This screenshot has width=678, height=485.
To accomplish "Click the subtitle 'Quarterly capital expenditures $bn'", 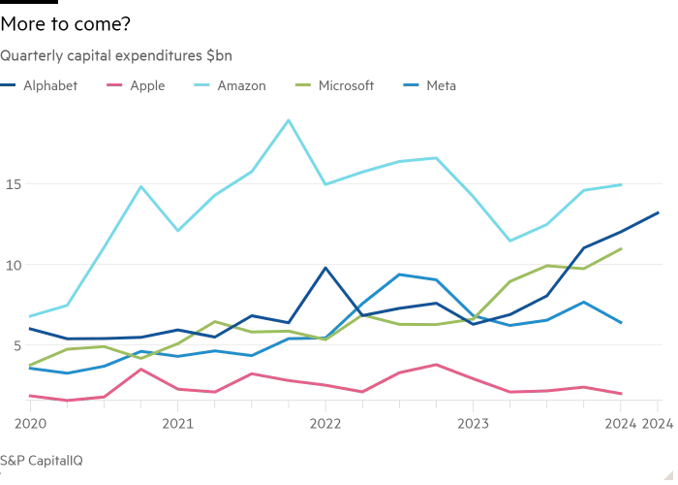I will (x=115, y=55).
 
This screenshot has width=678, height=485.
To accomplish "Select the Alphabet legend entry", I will (x=47, y=86).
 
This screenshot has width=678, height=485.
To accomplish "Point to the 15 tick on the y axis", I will (x=11, y=184).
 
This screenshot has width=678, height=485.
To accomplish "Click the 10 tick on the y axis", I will (x=11, y=265).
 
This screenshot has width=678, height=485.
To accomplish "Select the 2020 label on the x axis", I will (x=32, y=425).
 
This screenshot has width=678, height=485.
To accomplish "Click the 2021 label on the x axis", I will (x=177, y=425).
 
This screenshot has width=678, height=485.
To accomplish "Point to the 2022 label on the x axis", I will (x=324, y=425).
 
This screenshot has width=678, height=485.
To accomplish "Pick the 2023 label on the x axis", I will (x=472, y=425).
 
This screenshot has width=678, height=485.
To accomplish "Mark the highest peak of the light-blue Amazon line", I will (x=288, y=120).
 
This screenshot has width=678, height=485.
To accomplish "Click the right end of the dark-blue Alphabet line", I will (x=659, y=212).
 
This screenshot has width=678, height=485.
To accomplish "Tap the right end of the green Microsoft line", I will (x=622, y=248).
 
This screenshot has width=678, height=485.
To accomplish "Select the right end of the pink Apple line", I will (x=622, y=394).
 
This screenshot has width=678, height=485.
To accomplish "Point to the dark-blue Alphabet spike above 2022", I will (x=324, y=268).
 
